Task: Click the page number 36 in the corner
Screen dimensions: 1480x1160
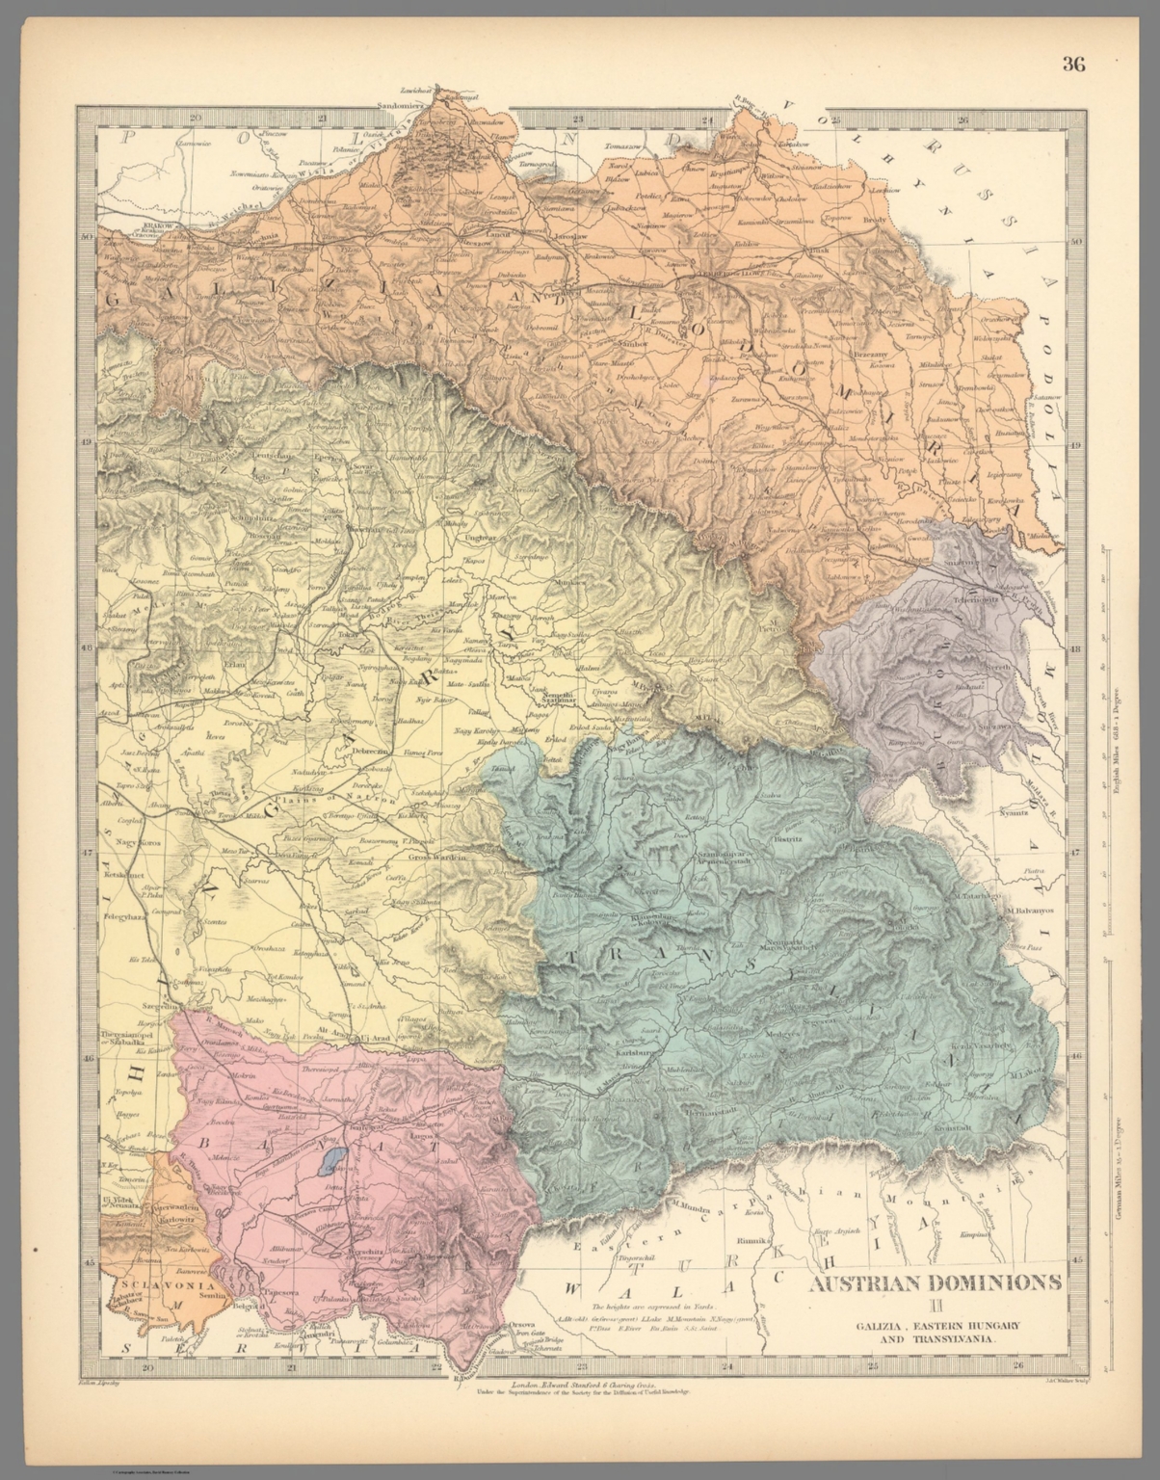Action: (x=1073, y=65)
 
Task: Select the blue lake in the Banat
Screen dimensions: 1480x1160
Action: (x=333, y=1157)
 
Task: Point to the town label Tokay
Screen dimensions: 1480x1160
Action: (x=348, y=636)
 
